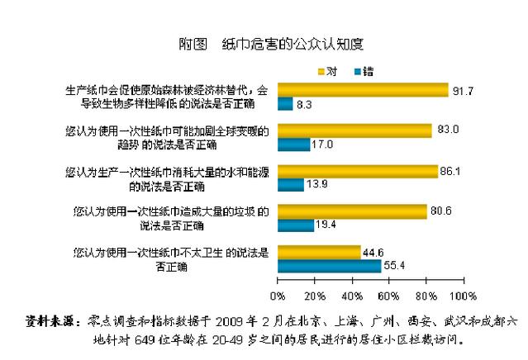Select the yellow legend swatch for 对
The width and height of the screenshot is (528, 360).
pyautogui.click(x=323, y=69)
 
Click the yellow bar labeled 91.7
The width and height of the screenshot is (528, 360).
pyautogui.click(x=362, y=90)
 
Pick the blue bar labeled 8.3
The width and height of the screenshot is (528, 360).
pyautogui.click(x=285, y=104)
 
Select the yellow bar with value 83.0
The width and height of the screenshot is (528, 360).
pyautogui.click(x=354, y=130)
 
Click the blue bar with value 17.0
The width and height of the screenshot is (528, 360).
pyautogui.click(x=293, y=144)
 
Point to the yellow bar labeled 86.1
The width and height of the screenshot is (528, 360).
pyautogui.click(x=357, y=171)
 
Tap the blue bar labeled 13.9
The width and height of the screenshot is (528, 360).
pyautogui.click(x=290, y=185)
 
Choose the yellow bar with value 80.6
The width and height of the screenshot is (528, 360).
pyautogui.click(x=352, y=211)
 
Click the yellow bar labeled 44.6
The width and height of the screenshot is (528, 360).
pyautogui.click(x=319, y=252)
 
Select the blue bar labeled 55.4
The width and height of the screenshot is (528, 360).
pyautogui.click(x=329, y=266)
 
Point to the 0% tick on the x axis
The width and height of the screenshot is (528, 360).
pyautogui.click(x=278, y=294)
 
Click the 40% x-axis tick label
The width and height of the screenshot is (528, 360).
pyautogui.click(x=352, y=294)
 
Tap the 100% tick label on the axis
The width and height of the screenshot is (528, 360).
pyautogui.click(x=464, y=294)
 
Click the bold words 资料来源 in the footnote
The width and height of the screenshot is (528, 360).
pyautogui.click(x=50, y=319)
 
